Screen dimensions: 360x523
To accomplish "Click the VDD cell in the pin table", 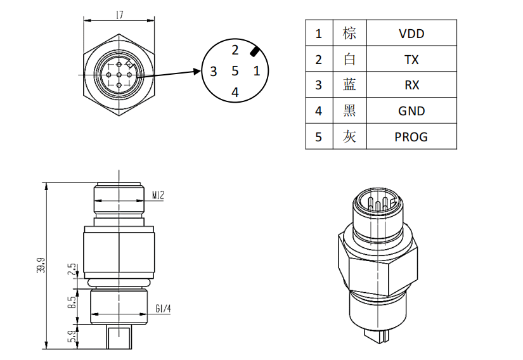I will click(x=411, y=34).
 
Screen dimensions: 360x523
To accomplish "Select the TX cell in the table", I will click(x=411, y=60).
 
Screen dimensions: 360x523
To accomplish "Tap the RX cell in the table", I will click(x=411, y=85).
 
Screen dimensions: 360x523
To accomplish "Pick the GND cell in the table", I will click(x=411, y=111).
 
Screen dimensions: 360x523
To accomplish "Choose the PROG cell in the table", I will click(x=411, y=136).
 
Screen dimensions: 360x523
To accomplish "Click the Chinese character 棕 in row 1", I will click(x=349, y=33).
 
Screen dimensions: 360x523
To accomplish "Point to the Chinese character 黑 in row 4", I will click(x=349, y=110).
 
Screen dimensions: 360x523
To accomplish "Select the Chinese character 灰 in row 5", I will click(x=349, y=136).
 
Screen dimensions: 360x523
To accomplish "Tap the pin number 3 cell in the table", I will click(x=319, y=85).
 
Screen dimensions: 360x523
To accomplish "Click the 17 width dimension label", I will click(x=120, y=14).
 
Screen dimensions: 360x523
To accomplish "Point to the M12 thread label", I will click(x=158, y=195).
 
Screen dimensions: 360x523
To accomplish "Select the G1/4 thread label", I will click(x=163, y=309).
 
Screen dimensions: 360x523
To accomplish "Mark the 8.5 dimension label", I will click(x=72, y=302).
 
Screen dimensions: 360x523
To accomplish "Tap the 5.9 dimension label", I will click(x=72, y=337).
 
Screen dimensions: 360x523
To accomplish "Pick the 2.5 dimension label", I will click(x=72, y=270).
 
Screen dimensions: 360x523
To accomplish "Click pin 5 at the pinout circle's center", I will click(x=235, y=71).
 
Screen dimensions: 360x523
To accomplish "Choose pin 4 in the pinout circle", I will click(x=235, y=92).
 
